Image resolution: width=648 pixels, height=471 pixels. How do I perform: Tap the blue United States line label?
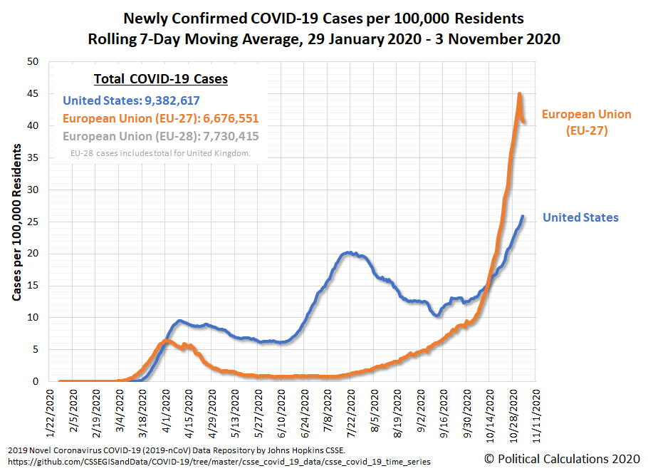[x=580, y=217]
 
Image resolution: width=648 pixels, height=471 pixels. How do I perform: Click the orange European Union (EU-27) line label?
[x=586, y=122]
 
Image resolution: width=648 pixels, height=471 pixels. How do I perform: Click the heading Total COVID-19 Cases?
[x=161, y=79]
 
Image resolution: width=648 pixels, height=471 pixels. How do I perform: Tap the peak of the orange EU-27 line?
[x=520, y=93]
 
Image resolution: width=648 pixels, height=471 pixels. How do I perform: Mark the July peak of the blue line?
[x=347, y=252]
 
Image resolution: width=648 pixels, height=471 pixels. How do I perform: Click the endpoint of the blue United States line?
[x=523, y=217]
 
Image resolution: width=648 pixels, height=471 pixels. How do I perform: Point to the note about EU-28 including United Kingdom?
[x=160, y=153]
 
